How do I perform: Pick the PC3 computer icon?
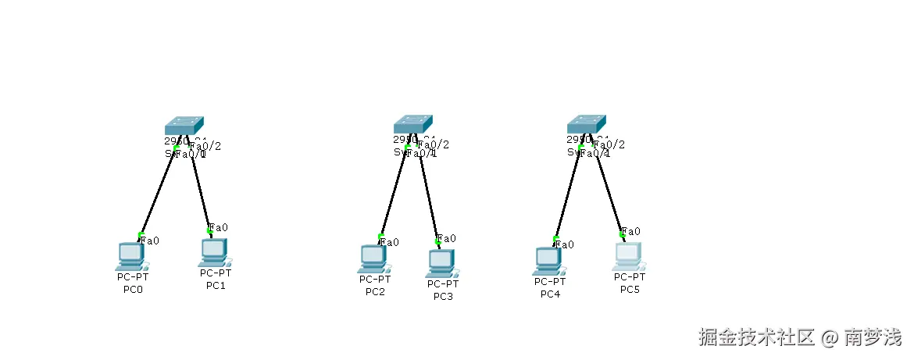(x=442, y=263)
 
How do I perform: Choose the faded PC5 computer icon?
(x=629, y=256)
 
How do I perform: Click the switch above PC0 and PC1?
(x=184, y=125)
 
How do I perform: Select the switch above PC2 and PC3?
(x=412, y=124)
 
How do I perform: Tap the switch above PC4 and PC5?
(x=586, y=124)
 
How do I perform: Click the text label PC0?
(x=133, y=290)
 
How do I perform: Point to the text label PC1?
(x=216, y=286)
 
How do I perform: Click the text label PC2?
(x=375, y=292)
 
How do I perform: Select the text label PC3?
(x=443, y=297)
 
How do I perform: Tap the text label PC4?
(x=550, y=294)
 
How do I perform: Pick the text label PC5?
(x=630, y=290)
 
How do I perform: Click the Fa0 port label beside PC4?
(x=565, y=244)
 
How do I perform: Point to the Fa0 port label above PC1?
(x=219, y=227)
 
